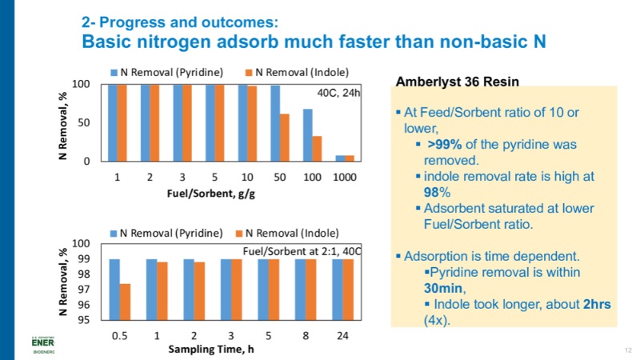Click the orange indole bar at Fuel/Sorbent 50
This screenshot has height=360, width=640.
(x=285, y=138)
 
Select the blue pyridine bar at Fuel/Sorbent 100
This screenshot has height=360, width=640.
(x=307, y=135)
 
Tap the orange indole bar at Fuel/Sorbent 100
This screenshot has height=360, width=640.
(x=318, y=149)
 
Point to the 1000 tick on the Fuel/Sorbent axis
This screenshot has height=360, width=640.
(x=345, y=176)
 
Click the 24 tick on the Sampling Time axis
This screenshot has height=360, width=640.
(x=342, y=335)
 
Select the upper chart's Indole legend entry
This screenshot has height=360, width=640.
(x=296, y=71)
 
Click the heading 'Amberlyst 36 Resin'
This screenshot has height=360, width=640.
(x=458, y=82)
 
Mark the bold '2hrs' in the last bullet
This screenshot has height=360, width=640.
(x=585, y=304)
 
